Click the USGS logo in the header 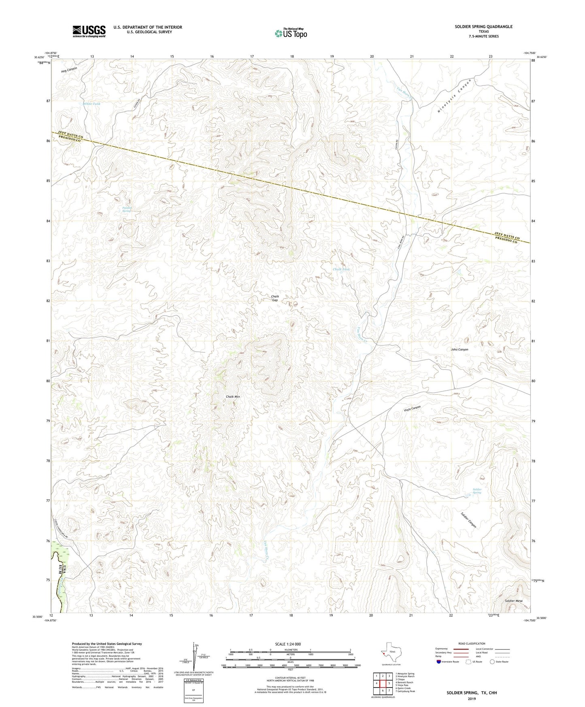tap(89, 31)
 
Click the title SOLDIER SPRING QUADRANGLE tap(483, 27)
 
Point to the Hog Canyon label tap(69, 69)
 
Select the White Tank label tap(91, 104)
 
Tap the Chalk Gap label tap(275, 298)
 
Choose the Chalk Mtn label tap(233, 397)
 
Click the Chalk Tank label tap(341, 269)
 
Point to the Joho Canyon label tap(459, 349)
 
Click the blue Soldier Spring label tap(477, 491)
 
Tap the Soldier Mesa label tap(513, 601)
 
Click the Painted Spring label tap(127, 209)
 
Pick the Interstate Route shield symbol tap(439, 662)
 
